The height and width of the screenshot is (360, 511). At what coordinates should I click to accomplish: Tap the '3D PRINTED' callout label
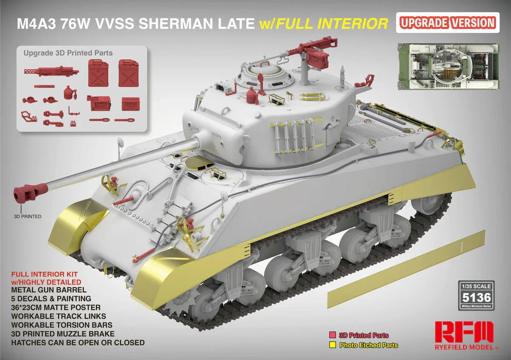pos(28,216)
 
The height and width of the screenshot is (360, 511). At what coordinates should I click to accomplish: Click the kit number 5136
pos(477,297)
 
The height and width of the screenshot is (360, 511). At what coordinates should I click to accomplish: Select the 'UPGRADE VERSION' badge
pos(448,23)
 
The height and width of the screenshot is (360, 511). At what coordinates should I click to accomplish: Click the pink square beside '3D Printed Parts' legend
pos(333,335)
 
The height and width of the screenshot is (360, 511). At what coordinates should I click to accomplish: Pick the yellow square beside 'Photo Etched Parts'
pos(333,345)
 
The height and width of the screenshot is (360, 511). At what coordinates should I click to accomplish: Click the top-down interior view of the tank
pos(448,66)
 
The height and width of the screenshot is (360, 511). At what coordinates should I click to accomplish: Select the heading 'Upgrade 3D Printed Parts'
pos(68,53)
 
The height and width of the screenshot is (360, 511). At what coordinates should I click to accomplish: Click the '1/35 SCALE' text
pos(477,286)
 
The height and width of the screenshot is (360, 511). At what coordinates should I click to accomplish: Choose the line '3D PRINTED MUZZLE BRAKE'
pos(63,334)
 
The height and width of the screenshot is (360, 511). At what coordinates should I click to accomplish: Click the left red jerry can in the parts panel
pos(98,73)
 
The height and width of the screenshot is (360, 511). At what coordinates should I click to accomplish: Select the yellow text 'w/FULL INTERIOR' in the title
pos(324,23)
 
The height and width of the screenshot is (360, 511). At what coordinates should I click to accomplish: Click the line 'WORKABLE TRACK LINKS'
pos(59,316)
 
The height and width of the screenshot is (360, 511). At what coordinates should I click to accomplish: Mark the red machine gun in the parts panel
pos(52,71)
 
